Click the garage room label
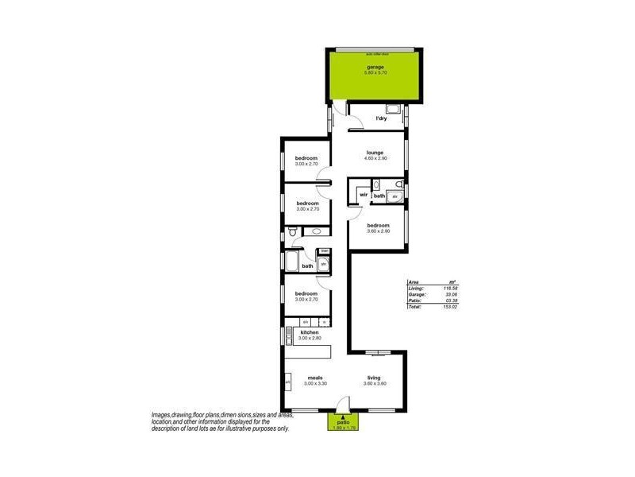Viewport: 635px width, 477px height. [375, 67]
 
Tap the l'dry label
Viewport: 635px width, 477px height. [381, 119]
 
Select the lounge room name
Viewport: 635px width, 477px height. [375, 153]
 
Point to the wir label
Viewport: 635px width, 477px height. [364, 195]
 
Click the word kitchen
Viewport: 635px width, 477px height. [309, 332]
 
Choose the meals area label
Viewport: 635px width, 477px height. [314, 378]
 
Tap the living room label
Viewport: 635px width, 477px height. [374, 378]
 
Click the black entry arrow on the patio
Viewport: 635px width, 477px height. [342, 417]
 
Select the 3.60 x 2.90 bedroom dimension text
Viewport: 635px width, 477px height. [378, 231]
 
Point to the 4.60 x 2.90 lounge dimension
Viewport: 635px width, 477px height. [375, 159]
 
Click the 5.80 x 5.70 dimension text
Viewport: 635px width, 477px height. [375, 73]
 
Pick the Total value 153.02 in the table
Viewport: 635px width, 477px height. [452, 306]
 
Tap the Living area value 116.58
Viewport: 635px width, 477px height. [452, 288]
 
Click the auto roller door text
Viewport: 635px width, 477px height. [375, 54]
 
